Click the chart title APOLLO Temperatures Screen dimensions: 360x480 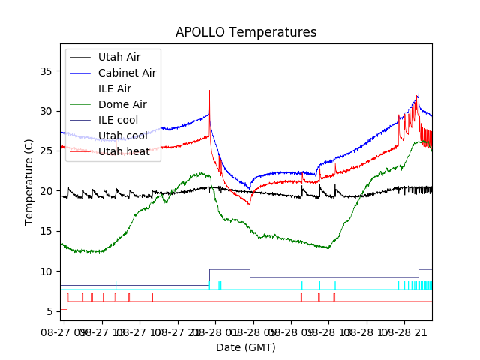coord(246,33)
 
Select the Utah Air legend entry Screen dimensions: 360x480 coord(118,57)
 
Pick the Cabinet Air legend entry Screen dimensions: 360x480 coord(127,73)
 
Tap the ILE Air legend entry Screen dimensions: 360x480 coord(114,88)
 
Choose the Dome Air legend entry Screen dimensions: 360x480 coord(122,104)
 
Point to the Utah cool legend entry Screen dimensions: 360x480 coord(122,136)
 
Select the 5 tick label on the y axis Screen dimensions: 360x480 coord(52,311)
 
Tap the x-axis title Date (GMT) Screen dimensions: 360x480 coord(246,347)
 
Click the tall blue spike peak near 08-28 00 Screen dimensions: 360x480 coord(209,91)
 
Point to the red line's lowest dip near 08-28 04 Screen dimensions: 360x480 coord(250,204)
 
